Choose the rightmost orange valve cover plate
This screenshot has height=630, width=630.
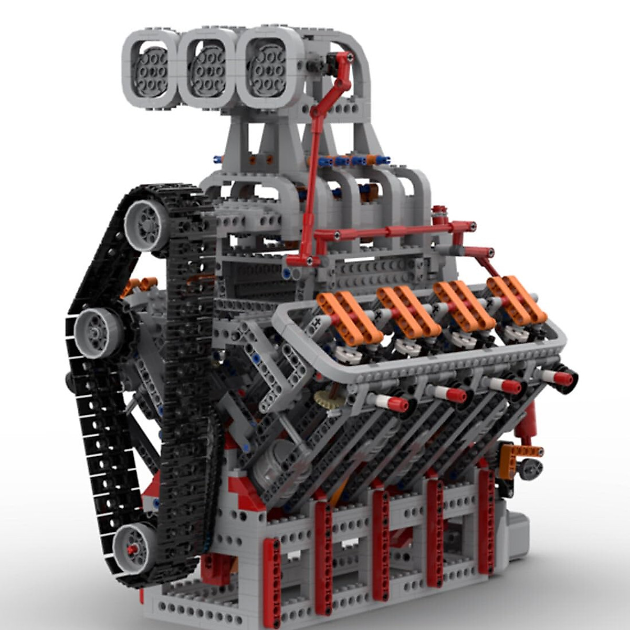(x=516, y=299)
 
